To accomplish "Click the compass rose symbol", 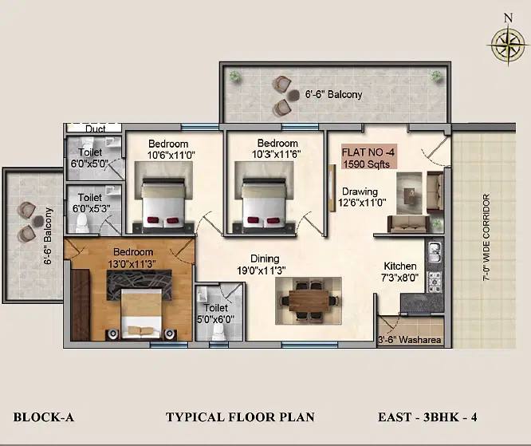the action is pyautogui.click(x=508, y=45).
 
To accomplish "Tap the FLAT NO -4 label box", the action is pyautogui.click(x=368, y=158).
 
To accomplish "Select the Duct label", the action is pyautogui.click(x=95, y=128).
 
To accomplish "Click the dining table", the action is pyautogui.click(x=309, y=300).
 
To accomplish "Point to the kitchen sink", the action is pyautogui.click(x=435, y=252).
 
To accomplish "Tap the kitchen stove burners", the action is pyautogui.click(x=435, y=282).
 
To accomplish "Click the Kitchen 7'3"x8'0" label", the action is pyautogui.click(x=400, y=272).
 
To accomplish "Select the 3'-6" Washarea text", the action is pyautogui.click(x=409, y=340).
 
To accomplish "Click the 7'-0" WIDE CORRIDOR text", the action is pyautogui.click(x=486, y=237).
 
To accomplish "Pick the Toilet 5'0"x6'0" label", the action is pyautogui.click(x=216, y=314).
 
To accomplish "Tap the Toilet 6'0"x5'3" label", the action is pyautogui.click(x=92, y=203).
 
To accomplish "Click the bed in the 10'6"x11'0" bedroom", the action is pyautogui.click(x=163, y=203).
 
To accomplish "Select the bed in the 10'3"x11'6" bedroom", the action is pyautogui.click(x=264, y=203).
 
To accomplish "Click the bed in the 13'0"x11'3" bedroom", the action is pyautogui.click(x=141, y=313).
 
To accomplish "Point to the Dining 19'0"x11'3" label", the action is pyautogui.click(x=262, y=264).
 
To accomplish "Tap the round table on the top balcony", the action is pyautogui.click(x=293, y=96).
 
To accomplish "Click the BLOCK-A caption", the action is pyautogui.click(x=43, y=416).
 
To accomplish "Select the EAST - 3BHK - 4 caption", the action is pyautogui.click(x=427, y=416).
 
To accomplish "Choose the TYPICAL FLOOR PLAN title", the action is pyautogui.click(x=240, y=416).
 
